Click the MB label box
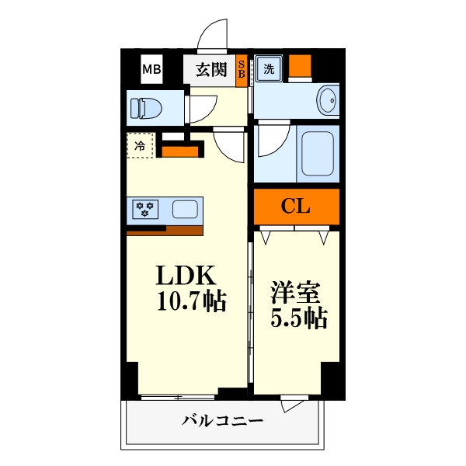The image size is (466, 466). click(x=151, y=70)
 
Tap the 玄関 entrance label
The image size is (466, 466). click(x=210, y=70)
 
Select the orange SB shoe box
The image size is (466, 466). click(x=242, y=70)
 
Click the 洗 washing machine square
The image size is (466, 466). click(x=269, y=68)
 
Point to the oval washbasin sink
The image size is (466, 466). click(x=329, y=100)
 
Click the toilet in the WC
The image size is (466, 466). click(x=147, y=107)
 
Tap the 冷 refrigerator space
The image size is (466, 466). click(x=141, y=145)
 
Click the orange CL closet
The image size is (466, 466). click(x=296, y=207)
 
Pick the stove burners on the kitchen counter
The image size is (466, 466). click(x=145, y=209)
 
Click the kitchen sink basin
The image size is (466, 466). click(x=185, y=209)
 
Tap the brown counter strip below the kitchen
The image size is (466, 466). click(x=165, y=230)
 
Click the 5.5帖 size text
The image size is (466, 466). click(x=298, y=318)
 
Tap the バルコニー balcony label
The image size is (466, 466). click(x=223, y=422)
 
